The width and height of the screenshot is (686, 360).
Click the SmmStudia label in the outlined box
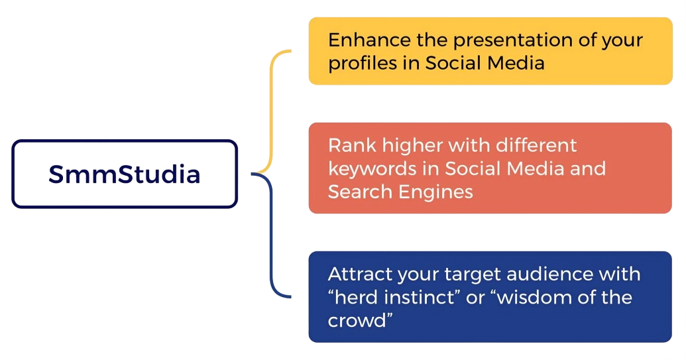point(124,174)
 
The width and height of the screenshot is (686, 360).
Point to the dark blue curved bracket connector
point(271,236)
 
